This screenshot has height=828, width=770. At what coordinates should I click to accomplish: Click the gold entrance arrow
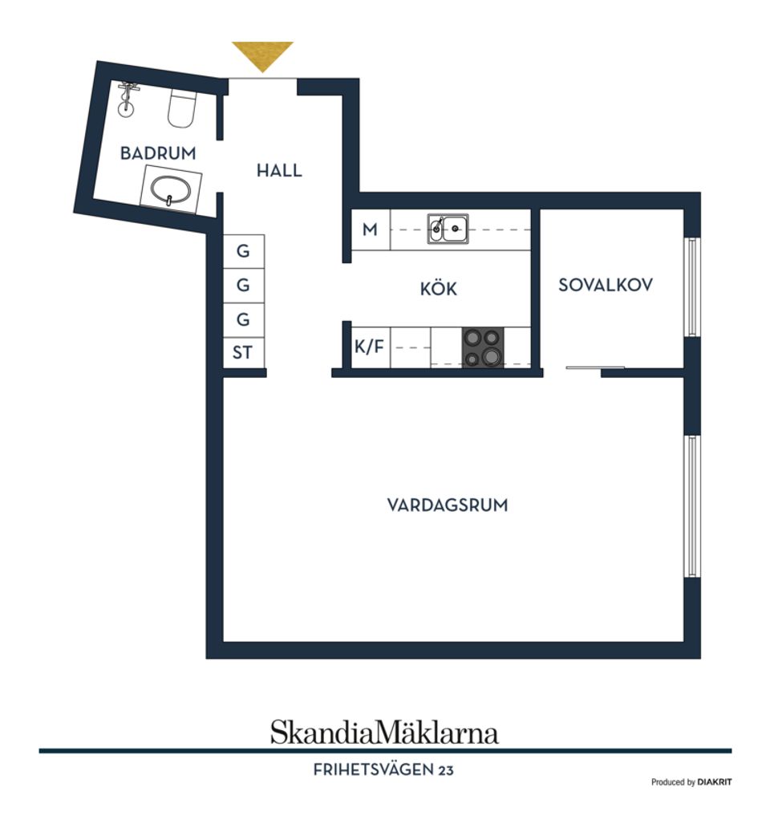click(262, 55)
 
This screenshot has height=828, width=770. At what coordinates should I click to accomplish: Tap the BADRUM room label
click(158, 153)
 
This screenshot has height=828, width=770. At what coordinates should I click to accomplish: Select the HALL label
click(279, 170)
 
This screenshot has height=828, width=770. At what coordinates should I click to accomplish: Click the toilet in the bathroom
click(181, 108)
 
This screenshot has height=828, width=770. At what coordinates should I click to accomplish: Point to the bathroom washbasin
click(171, 189)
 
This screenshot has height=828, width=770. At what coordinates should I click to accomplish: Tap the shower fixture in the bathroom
click(127, 99)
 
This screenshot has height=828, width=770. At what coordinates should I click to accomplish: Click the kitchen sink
click(448, 229)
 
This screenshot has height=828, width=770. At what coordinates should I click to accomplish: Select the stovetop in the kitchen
click(483, 347)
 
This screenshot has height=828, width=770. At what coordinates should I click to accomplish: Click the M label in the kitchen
click(370, 229)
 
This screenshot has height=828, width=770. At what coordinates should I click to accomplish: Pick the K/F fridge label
click(369, 347)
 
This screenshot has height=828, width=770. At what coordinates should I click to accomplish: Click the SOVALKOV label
click(606, 285)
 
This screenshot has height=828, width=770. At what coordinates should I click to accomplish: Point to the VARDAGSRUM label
click(448, 505)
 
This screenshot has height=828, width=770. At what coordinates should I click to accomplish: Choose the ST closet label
click(243, 352)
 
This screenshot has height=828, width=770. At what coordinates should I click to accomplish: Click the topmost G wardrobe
click(243, 251)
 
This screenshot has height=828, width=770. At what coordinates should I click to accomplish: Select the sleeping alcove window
click(692, 286)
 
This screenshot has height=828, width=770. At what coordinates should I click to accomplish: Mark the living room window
click(692, 506)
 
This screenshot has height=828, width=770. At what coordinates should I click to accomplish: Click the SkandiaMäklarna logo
click(384, 733)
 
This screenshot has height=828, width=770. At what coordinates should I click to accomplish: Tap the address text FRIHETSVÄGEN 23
click(383, 770)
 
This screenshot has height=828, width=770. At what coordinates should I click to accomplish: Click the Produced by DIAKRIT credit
click(691, 782)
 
